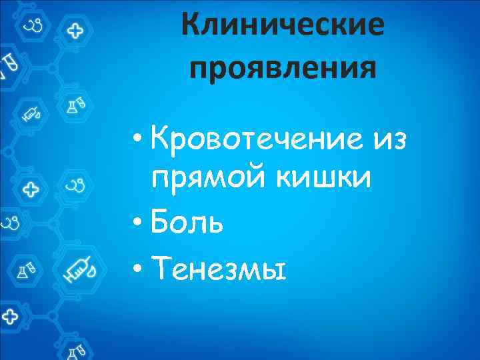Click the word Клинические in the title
[x=283, y=27]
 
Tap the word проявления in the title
[x=283, y=67]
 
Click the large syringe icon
[x=82, y=271]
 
